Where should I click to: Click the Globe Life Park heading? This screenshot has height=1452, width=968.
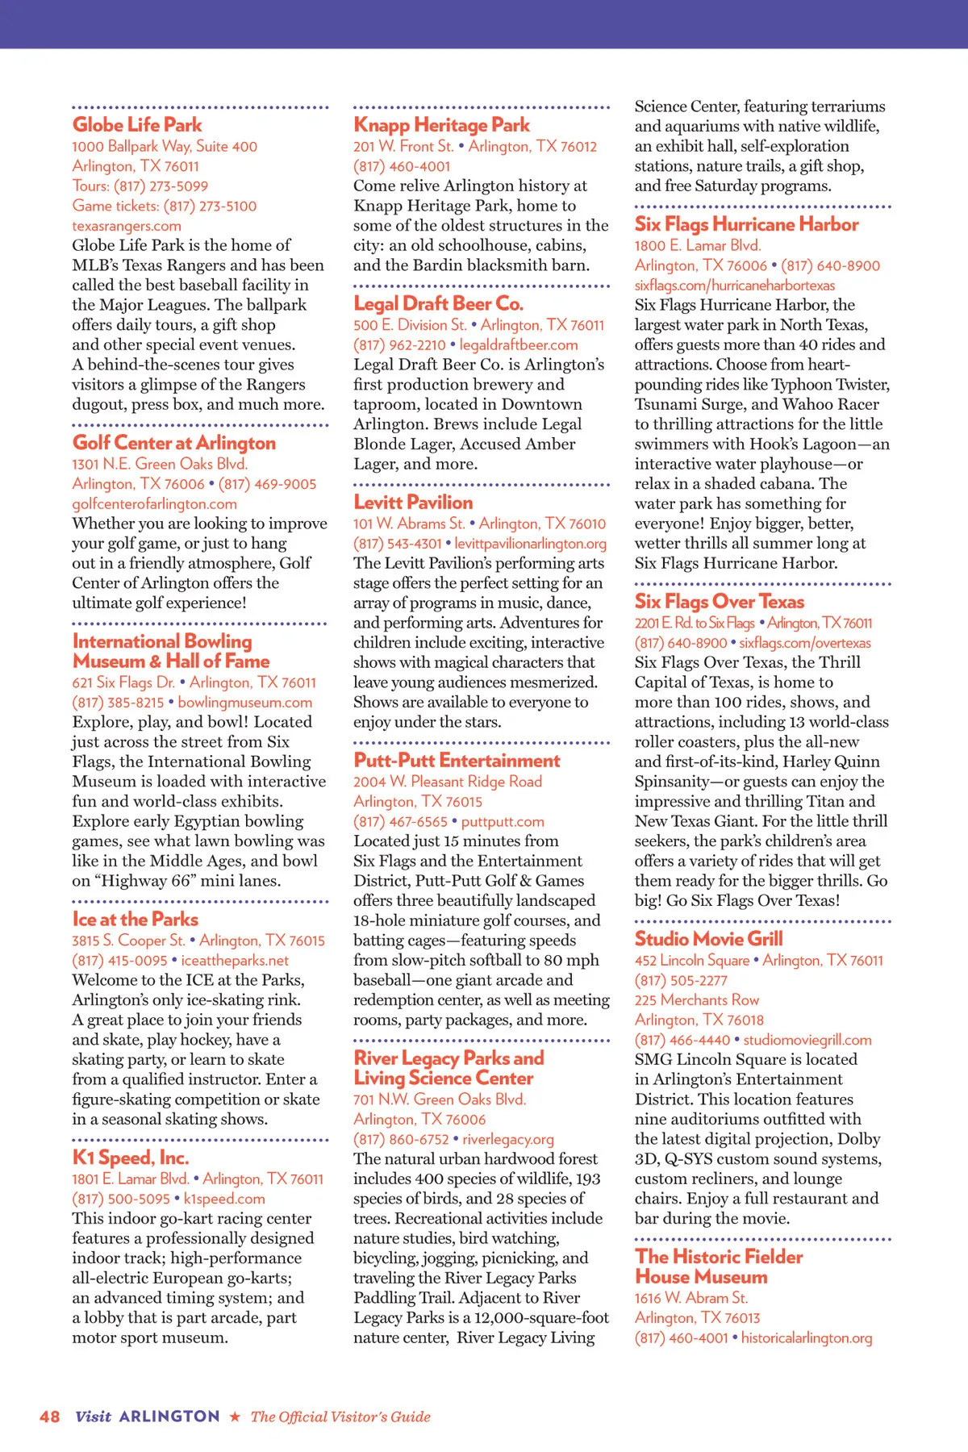click(x=137, y=125)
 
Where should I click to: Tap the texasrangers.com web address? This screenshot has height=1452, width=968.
click(x=127, y=226)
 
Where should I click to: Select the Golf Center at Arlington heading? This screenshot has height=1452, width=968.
click(x=174, y=443)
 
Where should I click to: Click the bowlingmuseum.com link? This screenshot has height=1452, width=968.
click(x=245, y=703)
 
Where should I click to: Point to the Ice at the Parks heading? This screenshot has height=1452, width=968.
click(x=136, y=920)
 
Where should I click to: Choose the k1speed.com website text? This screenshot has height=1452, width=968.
click(x=224, y=1199)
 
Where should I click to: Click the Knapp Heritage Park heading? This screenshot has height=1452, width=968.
click(x=441, y=125)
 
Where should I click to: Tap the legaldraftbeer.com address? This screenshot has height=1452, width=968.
click(x=519, y=344)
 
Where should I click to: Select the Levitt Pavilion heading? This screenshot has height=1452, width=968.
click(x=413, y=503)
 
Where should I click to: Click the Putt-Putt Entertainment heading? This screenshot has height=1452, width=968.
click(x=457, y=761)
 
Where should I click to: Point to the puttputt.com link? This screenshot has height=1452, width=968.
click(x=503, y=821)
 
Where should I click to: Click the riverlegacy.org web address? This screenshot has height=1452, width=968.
click(x=508, y=1139)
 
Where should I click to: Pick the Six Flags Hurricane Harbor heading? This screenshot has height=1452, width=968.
click(x=746, y=224)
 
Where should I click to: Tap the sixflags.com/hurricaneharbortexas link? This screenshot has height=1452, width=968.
click(x=735, y=285)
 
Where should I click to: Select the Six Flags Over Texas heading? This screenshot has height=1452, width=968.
click(x=720, y=602)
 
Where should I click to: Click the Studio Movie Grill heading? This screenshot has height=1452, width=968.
click(x=708, y=939)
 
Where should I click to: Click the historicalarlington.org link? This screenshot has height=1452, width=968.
click(x=807, y=1337)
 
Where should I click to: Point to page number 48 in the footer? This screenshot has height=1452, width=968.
click(x=49, y=1417)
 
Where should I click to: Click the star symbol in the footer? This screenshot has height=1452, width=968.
click(x=235, y=1417)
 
